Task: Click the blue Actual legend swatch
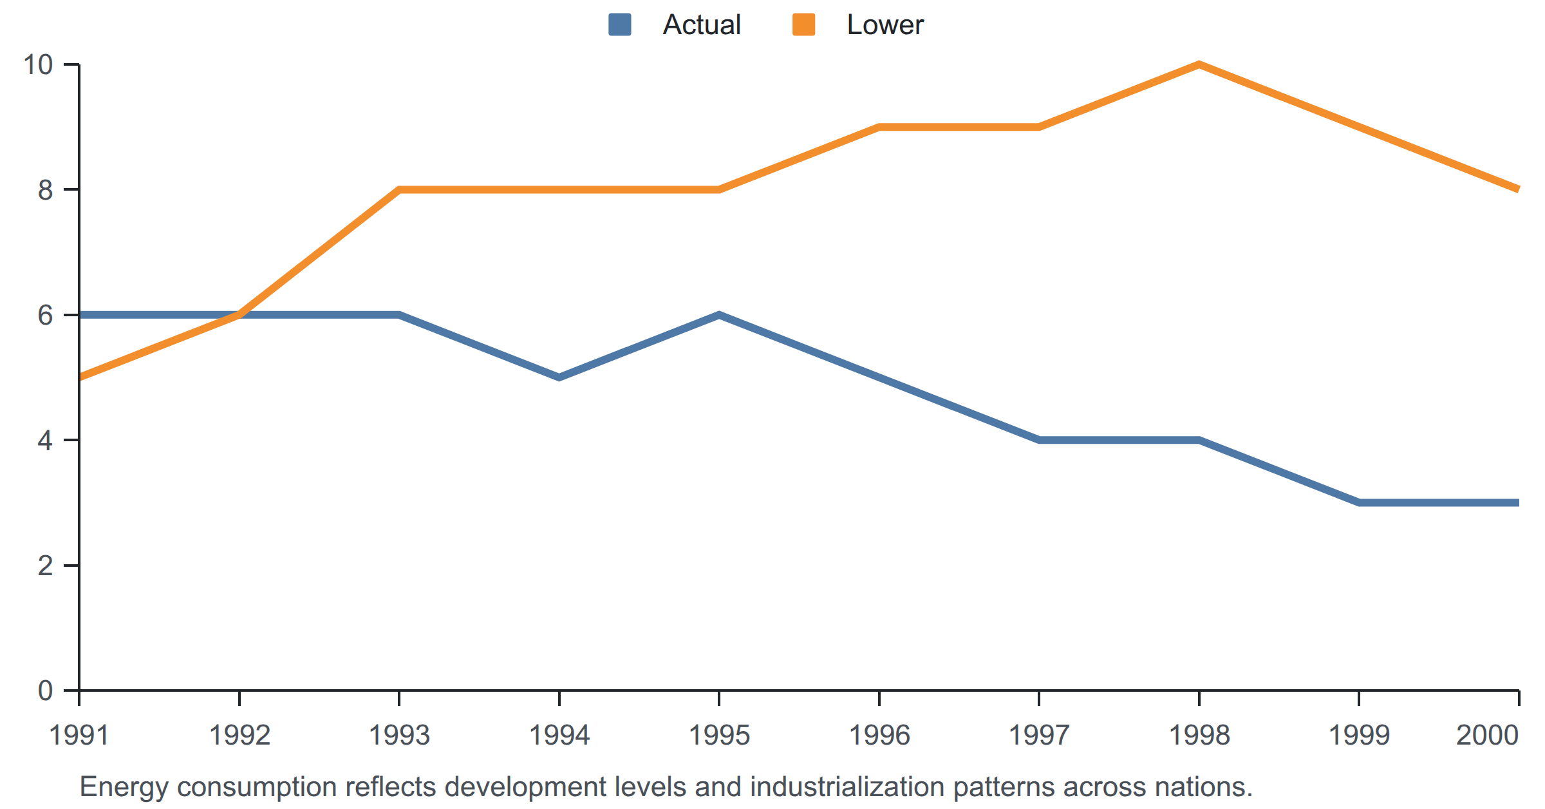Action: coord(619,24)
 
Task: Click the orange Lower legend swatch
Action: coord(803,24)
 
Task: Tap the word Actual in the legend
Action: coord(702,24)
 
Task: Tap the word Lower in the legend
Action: coord(885,24)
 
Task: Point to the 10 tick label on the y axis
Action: coord(38,64)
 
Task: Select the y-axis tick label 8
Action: coord(45,190)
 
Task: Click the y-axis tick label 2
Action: coord(45,566)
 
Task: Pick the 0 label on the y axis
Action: coord(45,690)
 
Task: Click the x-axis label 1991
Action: coord(79,735)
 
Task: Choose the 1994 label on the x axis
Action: coord(559,735)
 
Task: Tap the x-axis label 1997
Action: coord(1039,735)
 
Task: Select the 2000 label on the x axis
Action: coord(1488,735)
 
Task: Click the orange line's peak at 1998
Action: coord(1199,64)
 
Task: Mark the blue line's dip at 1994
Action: coord(559,377)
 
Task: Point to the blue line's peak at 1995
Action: coord(719,315)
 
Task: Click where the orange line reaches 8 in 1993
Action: coord(399,190)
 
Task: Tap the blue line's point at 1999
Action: coord(1359,502)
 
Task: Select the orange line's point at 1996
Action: coord(879,127)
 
